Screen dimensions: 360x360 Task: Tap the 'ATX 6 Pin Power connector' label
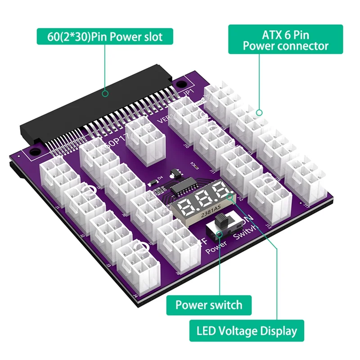click(285, 40)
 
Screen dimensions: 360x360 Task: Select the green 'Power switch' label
click(208, 306)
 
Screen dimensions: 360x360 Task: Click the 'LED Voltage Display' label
click(247, 331)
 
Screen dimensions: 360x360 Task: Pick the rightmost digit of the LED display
click(220, 193)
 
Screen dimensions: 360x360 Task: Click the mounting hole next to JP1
click(180, 84)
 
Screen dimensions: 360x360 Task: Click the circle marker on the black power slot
click(105, 94)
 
